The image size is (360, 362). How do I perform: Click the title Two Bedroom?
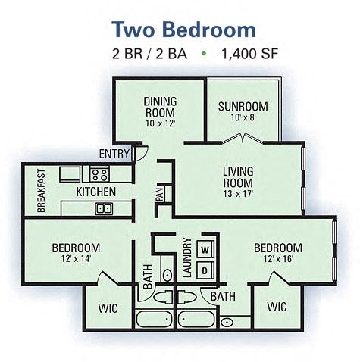click(183, 30)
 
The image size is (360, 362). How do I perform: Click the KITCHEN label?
click(95, 192)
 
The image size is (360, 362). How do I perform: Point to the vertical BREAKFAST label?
click(40, 189)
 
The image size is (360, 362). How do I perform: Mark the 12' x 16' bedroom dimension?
click(277, 259)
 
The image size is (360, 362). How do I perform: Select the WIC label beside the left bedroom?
click(108, 308)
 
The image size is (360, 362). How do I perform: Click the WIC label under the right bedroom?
click(277, 307)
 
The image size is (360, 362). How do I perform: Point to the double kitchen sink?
click(103, 208)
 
